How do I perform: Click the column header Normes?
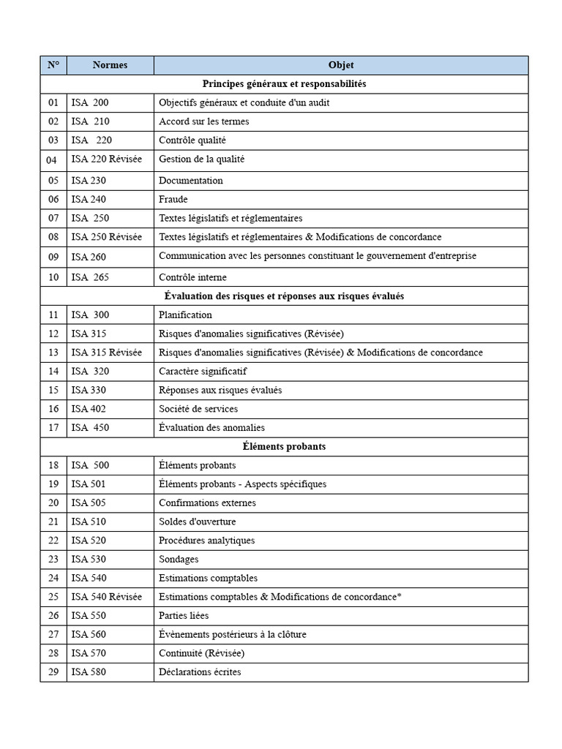pos(110,65)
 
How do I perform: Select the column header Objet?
pos(340,65)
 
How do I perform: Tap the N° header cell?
pos(53,65)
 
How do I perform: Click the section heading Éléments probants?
pos(284,446)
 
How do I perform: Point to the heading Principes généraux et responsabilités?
pos(284,84)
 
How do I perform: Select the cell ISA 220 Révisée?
pos(107,159)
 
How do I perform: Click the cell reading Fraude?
pos(173,199)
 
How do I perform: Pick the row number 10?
pos(53,277)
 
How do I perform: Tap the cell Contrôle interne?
pos(192,277)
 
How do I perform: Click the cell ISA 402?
pos(89,409)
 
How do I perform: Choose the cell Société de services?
pos(198,409)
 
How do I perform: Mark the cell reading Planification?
pos(185,315)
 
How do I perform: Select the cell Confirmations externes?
pos(207,503)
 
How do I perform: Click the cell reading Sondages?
pos(179,560)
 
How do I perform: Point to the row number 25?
pos(53,597)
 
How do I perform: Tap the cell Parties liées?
pos(184,616)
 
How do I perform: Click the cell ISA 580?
pos(89,672)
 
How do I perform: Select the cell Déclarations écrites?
pos(200,672)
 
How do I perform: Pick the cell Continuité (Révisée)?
pos(201,653)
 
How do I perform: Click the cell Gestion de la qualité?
pos(201,159)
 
